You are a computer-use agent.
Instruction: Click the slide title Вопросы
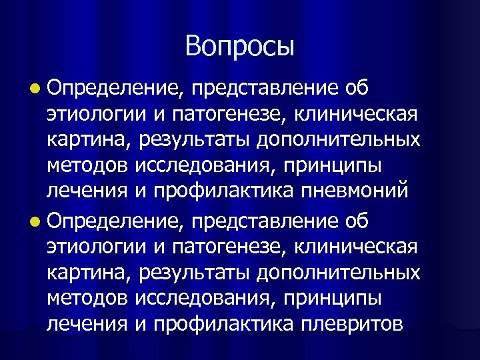coord(240,46)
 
